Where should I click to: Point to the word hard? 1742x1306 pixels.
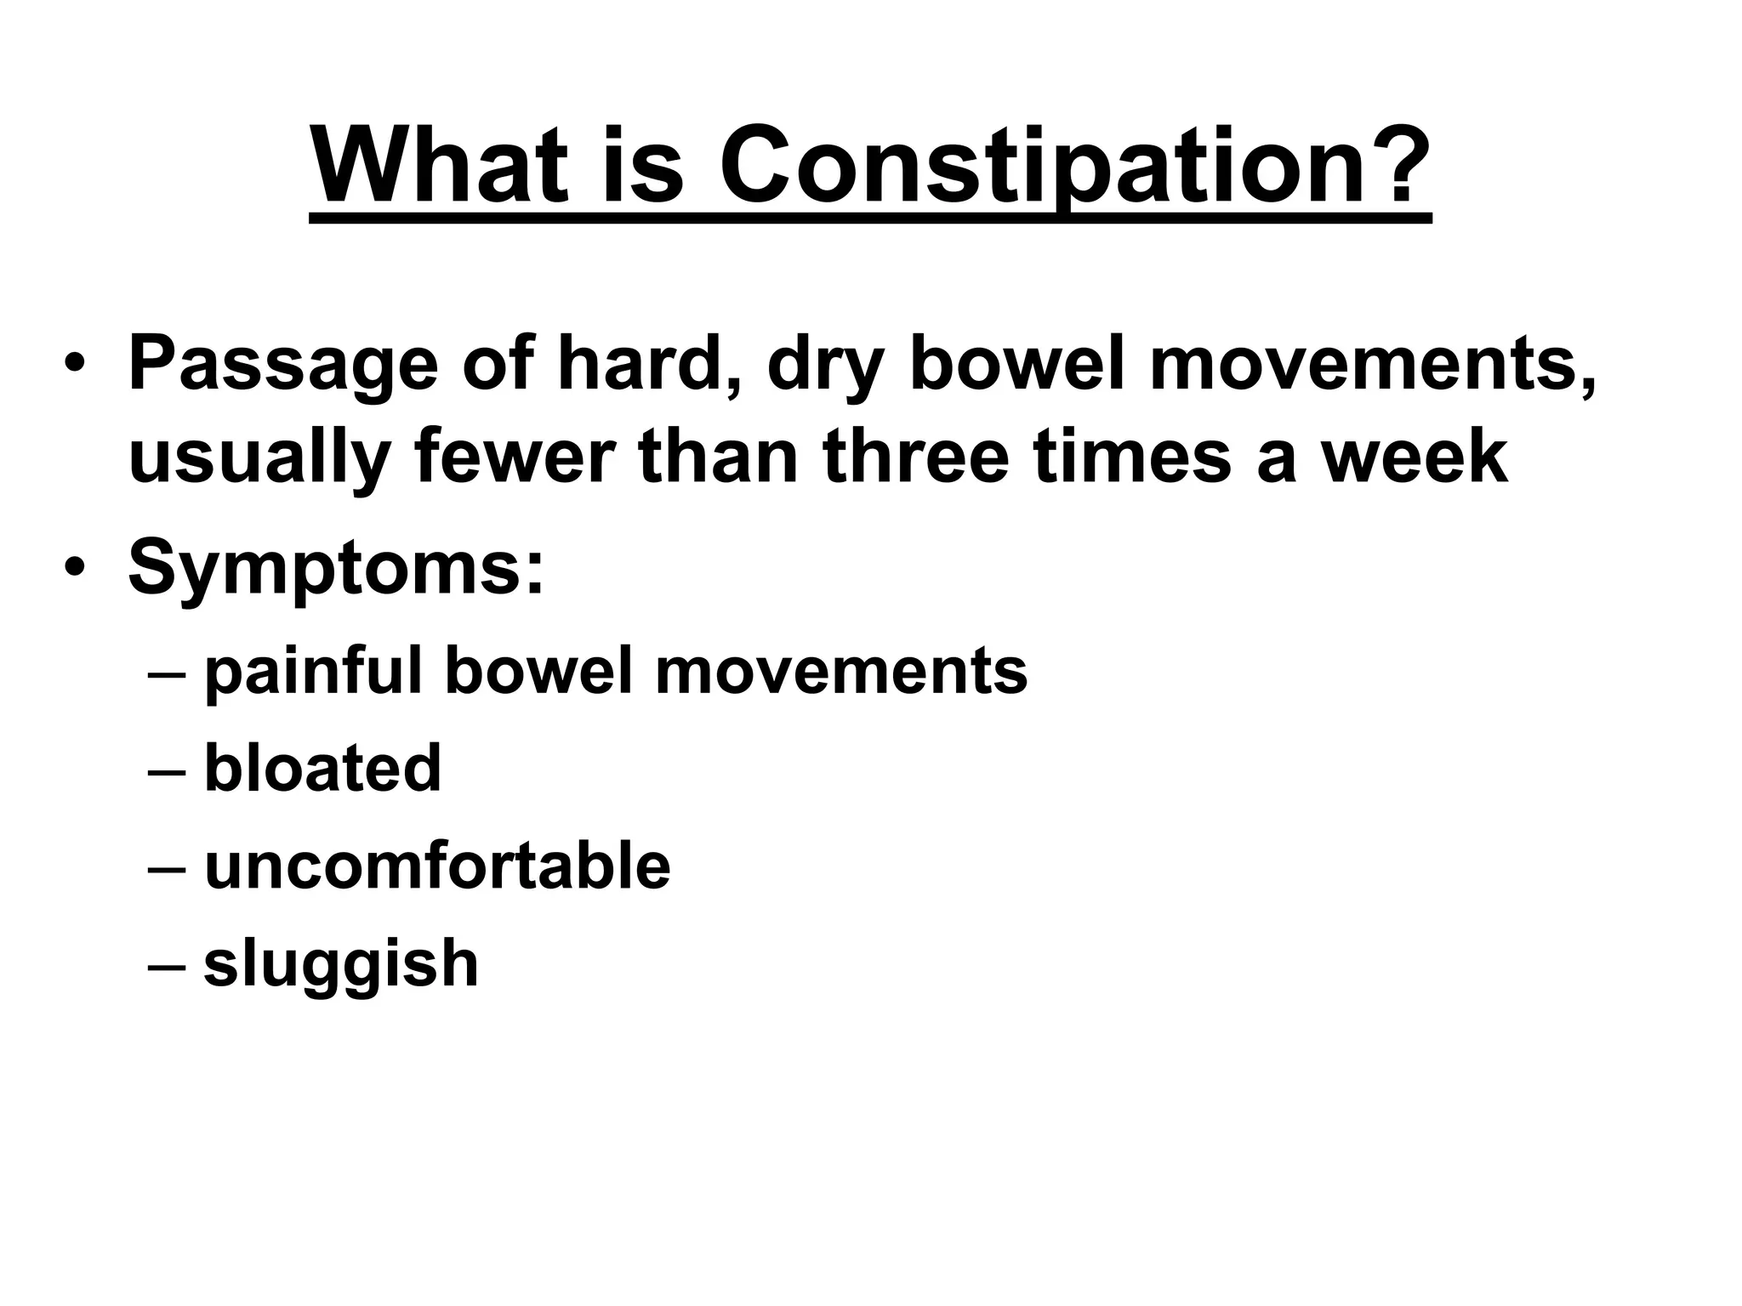pos(646,364)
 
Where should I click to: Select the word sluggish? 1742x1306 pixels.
pos(341,966)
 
